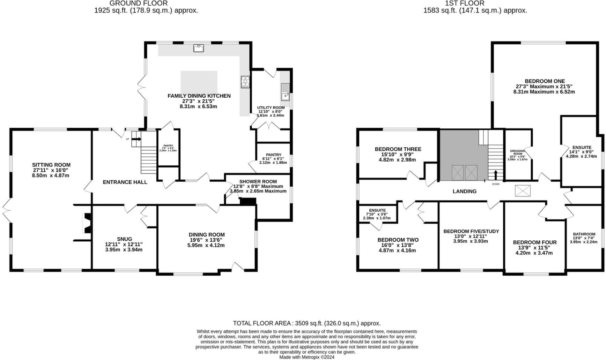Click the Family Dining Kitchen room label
coord(199,96)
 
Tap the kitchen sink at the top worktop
coord(199,48)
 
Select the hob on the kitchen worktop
coord(245,81)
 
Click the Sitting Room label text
coord(51,165)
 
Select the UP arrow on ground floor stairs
coord(136,139)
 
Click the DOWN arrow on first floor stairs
coord(495,175)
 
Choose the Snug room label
coord(124,239)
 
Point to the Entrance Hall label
coord(125,182)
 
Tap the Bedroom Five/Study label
coord(471,231)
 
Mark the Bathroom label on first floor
coord(584,234)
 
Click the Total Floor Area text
coord(306,323)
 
